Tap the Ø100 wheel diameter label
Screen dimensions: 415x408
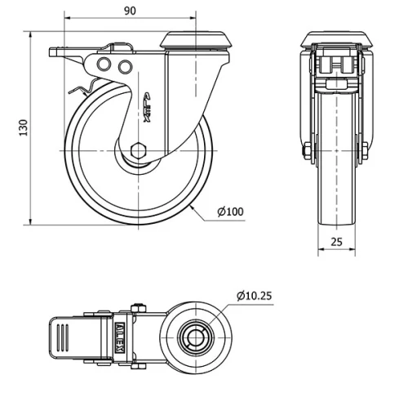tap(231, 212)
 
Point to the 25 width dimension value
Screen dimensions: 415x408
tap(337, 241)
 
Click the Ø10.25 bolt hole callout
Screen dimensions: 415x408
tap(253, 295)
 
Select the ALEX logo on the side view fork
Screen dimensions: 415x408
tap(149, 107)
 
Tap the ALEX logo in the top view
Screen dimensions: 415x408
tap(120, 336)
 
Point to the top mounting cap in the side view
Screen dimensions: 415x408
tap(196, 39)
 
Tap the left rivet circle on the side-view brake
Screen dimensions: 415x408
tap(104, 65)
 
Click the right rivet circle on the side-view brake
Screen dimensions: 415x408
tap(124, 65)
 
